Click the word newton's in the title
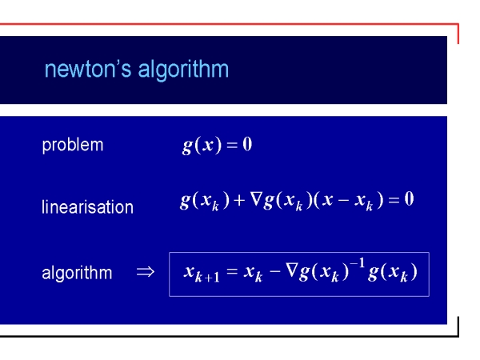(x=88, y=69)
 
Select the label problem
(x=73, y=146)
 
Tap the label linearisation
(x=87, y=206)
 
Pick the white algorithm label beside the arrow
(x=77, y=273)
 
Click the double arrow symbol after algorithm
(x=146, y=271)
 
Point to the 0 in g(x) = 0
(x=247, y=144)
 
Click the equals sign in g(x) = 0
(x=232, y=145)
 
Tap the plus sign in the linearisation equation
(x=239, y=200)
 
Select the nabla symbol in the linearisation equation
(x=256, y=199)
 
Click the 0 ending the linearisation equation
(x=409, y=199)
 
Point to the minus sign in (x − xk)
(x=343, y=201)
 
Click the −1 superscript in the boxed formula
(x=358, y=263)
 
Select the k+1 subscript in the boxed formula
(x=207, y=278)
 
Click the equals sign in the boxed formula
(x=232, y=271)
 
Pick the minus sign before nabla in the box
(x=275, y=271)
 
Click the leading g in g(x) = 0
(x=187, y=146)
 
